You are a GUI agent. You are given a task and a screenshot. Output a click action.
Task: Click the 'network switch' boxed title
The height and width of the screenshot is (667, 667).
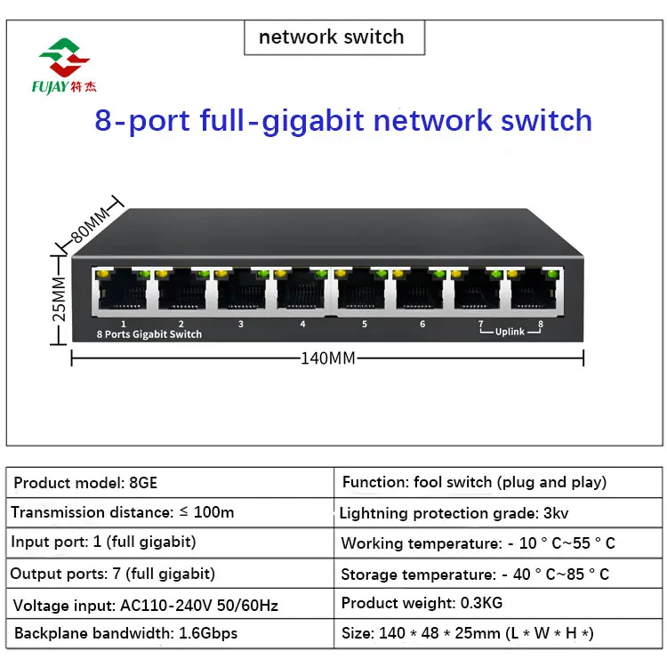(331, 37)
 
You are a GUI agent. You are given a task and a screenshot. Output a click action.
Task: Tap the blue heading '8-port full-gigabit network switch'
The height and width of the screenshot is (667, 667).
(343, 120)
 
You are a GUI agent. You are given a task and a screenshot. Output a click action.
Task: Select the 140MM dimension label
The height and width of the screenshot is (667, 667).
(328, 358)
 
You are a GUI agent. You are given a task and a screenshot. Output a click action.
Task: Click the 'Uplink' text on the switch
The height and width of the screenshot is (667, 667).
(509, 332)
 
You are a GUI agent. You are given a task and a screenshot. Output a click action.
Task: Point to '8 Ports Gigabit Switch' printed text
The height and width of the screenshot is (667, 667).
(149, 334)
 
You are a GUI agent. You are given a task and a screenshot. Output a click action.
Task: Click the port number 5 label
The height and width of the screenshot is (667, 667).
(364, 325)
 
